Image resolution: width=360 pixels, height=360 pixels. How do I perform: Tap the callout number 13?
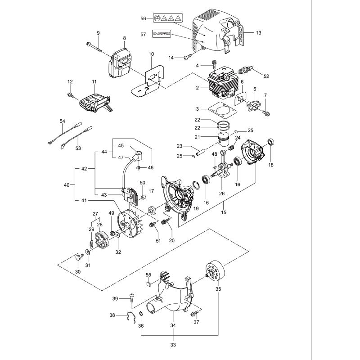point(258,33)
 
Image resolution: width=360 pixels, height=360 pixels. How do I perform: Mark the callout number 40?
point(67,185)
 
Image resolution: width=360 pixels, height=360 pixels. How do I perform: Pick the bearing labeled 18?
point(271,143)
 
